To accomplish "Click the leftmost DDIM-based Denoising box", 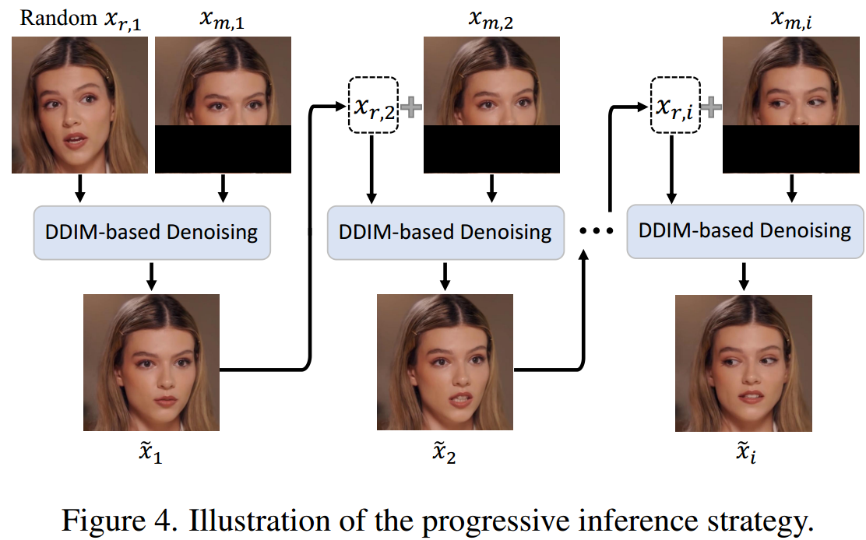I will (x=152, y=233).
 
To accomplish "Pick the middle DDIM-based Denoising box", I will (x=445, y=233).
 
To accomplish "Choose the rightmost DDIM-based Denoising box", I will (x=745, y=230).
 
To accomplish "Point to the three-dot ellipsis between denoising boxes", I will (x=595, y=232).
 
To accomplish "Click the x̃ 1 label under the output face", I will (x=151, y=454).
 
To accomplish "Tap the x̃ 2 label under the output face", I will (x=445, y=454).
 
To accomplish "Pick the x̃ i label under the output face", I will (x=744, y=454).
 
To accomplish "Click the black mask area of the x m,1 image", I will (x=223, y=149).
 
